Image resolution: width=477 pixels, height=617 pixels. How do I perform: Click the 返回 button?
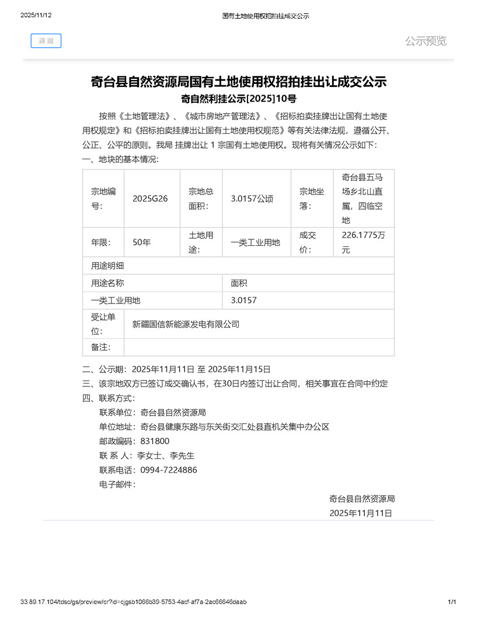(x=46, y=41)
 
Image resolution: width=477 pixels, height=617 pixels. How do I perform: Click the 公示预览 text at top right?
(x=426, y=41)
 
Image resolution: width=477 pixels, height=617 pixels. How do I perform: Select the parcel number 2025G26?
(x=150, y=198)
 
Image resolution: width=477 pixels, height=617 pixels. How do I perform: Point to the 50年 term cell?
(x=142, y=242)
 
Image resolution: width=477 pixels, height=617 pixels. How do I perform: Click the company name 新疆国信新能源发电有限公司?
(x=186, y=324)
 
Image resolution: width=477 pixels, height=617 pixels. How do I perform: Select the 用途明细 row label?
(x=107, y=266)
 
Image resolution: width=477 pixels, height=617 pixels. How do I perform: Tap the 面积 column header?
(x=239, y=283)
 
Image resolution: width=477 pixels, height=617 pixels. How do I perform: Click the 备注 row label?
(x=100, y=347)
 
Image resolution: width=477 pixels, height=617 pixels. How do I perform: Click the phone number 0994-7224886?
(x=169, y=470)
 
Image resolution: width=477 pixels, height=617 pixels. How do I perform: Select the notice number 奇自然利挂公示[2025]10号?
(x=238, y=99)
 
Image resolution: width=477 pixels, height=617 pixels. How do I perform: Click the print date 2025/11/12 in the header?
(x=36, y=16)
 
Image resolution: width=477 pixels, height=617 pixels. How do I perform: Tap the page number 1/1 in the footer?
(x=451, y=602)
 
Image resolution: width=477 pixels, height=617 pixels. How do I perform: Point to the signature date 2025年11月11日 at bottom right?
(x=360, y=513)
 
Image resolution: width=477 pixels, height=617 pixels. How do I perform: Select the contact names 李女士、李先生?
(x=165, y=456)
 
